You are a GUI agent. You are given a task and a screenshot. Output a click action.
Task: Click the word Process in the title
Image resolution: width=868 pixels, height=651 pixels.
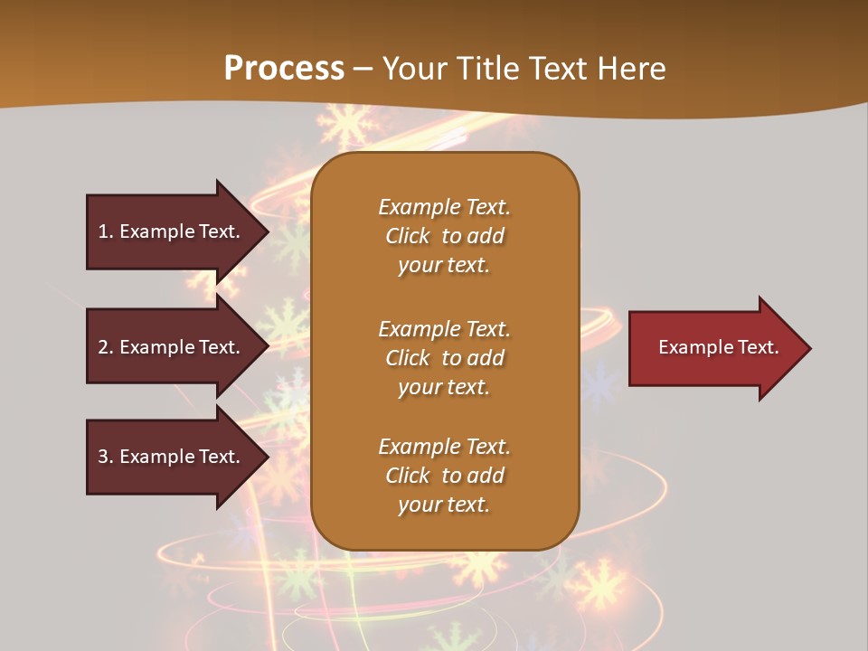pyautogui.click(x=284, y=69)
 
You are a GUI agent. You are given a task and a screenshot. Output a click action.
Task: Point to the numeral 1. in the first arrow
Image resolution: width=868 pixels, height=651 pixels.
pyautogui.click(x=105, y=231)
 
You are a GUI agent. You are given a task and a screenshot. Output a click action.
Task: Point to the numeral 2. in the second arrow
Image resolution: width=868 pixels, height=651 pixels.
pyautogui.click(x=105, y=347)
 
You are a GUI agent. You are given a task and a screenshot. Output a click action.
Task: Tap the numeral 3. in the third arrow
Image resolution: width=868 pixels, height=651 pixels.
pyautogui.click(x=105, y=457)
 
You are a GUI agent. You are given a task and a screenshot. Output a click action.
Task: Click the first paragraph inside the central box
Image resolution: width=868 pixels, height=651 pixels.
pyautogui.click(x=444, y=236)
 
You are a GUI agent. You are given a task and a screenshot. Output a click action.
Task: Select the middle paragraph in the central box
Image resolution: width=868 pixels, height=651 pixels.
pyautogui.click(x=444, y=358)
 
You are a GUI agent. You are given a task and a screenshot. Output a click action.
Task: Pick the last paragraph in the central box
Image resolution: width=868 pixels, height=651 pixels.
pyautogui.click(x=444, y=476)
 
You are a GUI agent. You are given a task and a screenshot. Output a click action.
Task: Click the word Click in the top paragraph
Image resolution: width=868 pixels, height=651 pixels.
pyautogui.click(x=408, y=236)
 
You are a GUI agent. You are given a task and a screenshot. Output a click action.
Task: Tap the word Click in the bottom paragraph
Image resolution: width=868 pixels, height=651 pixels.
pyautogui.click(x=408, y=476)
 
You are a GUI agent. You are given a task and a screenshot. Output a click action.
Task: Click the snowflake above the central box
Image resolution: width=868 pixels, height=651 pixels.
pyautogui.click(x=346, y=125)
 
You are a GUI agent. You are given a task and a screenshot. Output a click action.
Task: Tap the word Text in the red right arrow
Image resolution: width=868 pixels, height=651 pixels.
pyautogui.click(x=758, y=347)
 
